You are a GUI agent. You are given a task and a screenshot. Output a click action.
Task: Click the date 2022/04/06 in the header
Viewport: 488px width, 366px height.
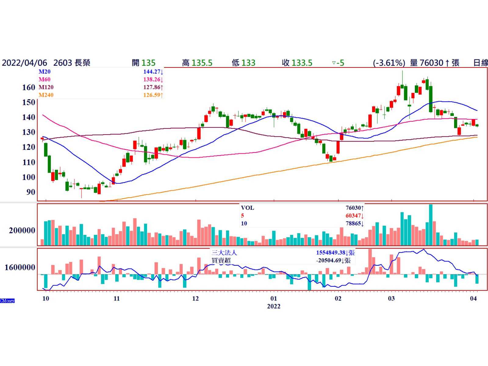[x=24, y=63]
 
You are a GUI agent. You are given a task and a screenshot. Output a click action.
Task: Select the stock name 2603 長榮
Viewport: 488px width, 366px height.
[x=72, y=63]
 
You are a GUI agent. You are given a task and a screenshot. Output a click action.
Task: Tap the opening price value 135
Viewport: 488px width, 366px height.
[x=148, y=63]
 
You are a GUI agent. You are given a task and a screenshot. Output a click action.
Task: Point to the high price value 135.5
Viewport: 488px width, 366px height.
[x=202, y=63]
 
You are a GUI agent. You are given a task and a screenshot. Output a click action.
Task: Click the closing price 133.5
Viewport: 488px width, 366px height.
[x=302, y=63]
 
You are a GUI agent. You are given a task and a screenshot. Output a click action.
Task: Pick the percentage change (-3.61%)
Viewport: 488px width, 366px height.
[x=389, y=63]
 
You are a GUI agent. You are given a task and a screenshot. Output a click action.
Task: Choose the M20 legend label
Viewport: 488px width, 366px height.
[x=45, y=72]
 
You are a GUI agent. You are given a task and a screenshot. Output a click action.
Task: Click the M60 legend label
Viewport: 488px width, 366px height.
[x=45, y=79]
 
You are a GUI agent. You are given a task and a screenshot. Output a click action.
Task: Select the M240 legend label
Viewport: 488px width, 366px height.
[x=46, y=95]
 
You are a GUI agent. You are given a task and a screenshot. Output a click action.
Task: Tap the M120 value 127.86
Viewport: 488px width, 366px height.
[x=152, y=87]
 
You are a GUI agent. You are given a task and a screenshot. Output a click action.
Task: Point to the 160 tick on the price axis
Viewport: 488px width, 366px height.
[x=29, y=88]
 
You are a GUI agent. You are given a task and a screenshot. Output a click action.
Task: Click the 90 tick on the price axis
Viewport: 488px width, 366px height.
[x=31, y=192]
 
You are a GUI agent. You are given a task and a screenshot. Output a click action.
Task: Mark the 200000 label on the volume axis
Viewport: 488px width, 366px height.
[x=22, y=231]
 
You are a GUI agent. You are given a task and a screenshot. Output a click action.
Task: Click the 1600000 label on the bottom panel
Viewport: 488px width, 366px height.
[x=20, y=267]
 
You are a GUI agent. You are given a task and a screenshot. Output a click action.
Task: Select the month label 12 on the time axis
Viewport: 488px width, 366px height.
[x=195, y=299]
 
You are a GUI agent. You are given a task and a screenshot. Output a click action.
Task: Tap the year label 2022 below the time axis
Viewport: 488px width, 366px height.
[x=274, y=306]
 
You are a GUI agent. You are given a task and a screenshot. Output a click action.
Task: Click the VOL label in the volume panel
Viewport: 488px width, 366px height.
[x=247, y=208]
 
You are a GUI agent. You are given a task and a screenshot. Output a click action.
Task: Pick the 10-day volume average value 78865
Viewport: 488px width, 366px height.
[x=353, y=224]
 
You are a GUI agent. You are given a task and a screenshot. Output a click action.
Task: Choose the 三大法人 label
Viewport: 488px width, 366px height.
[x=224, y=253]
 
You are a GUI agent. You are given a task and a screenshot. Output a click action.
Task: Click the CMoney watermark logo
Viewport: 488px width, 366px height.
[x=7, y=301]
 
